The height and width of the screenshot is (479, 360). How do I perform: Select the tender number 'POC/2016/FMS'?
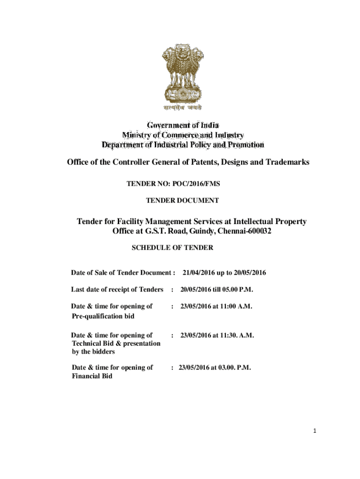point(200,184)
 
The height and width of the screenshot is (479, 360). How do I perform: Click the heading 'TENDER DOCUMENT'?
point(182,201)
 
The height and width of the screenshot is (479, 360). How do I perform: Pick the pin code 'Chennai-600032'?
point(245,232)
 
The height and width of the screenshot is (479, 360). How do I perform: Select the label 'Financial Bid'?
point(92,377)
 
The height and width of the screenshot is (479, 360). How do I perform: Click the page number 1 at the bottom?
point(316,431)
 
